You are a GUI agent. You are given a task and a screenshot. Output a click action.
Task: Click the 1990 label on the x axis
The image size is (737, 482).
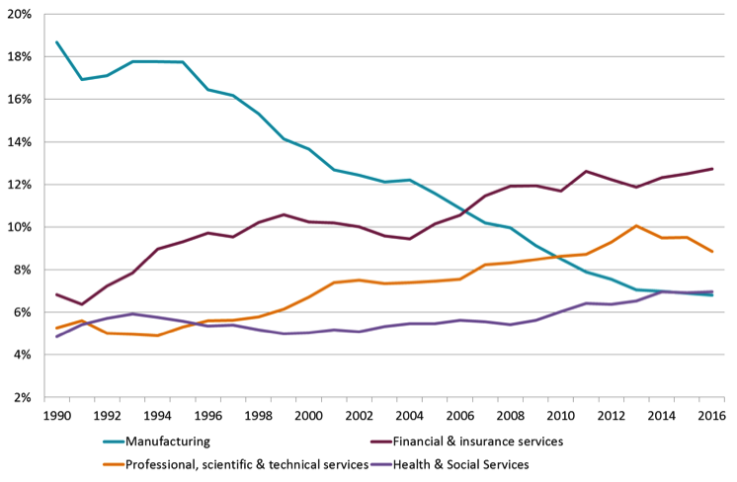point(56,416)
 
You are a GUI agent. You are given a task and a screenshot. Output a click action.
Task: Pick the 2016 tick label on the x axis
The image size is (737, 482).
point(711,416)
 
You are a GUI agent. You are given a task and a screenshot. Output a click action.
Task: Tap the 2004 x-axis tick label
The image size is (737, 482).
point(409,416)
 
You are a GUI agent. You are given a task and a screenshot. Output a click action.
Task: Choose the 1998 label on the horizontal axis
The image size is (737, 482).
point(258,416)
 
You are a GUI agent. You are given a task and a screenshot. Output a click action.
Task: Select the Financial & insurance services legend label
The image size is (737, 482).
point(478,442)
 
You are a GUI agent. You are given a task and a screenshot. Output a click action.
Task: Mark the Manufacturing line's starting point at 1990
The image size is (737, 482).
point(57,42)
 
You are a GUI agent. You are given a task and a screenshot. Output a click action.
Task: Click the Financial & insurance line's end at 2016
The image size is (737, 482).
point(712,169)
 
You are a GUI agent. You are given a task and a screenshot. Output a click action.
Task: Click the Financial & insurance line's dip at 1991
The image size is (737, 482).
point(82,304)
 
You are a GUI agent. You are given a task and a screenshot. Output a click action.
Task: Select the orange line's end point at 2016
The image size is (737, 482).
point(712,252)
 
